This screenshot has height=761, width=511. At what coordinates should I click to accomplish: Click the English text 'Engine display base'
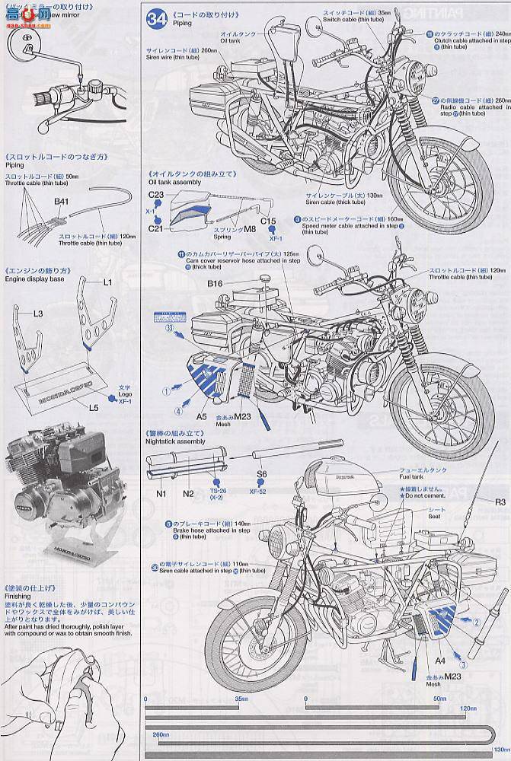[x=31, y=279]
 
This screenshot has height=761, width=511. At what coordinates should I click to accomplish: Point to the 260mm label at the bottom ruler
[x=160, y=736]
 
